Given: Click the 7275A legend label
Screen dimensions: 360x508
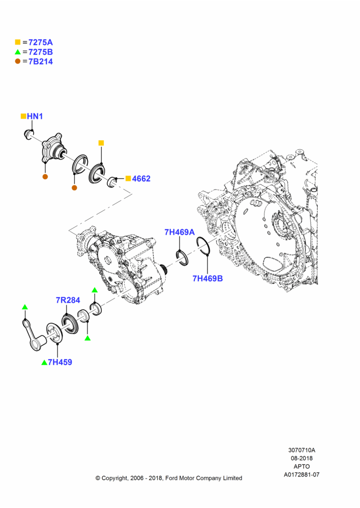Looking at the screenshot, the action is pos(41,43).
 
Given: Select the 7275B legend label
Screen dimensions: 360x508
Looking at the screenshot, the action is pos(41,52).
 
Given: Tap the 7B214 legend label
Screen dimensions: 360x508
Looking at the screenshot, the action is pos(41,61).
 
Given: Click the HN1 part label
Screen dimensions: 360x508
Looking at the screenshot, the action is pos(35,116).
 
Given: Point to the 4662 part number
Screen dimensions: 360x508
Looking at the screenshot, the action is pos(141,178).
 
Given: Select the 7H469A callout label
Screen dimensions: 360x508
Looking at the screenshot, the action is pos(179,232).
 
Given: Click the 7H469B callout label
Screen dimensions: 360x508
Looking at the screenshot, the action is pos(207,278).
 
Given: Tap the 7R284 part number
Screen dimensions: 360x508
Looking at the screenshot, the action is pos(68,300).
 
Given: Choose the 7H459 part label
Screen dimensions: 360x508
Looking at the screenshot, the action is pos(60,362).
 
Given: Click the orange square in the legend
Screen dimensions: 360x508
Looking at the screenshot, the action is pos(18,42).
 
